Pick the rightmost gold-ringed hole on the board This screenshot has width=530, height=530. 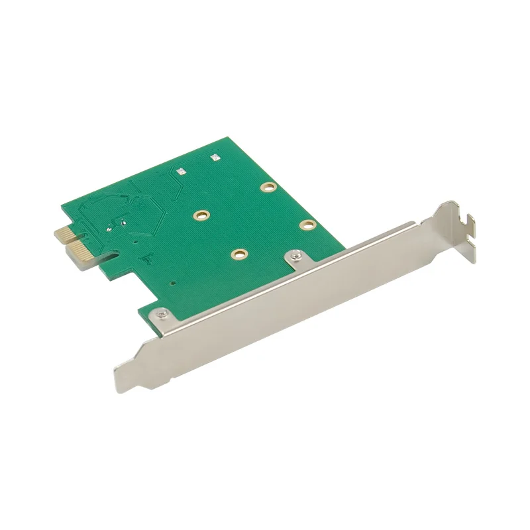click(305, 225)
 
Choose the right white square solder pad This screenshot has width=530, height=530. click(214, 158)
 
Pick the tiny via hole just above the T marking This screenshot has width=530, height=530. click(136, 243)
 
